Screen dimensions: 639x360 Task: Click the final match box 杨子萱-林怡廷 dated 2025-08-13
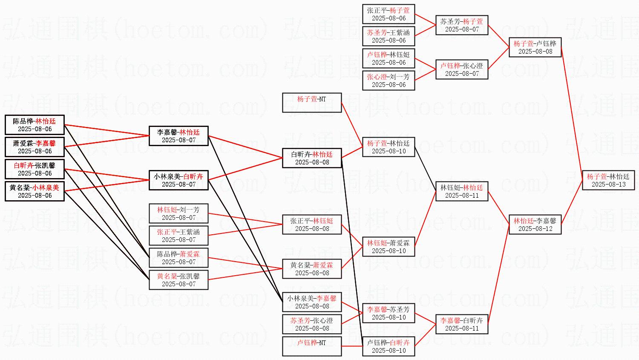(608, 180)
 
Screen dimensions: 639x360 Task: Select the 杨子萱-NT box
(312, 103)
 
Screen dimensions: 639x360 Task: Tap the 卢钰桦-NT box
(312, 346)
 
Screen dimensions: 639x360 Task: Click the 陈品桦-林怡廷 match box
(35, 125)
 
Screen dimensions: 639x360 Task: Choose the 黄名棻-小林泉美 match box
(35, 191)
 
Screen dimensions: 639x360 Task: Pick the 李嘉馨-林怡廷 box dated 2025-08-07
(178, 136)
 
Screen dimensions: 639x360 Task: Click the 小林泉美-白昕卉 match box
(178, 180)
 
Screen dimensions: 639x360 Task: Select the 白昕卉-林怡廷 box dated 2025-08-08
(312, 158)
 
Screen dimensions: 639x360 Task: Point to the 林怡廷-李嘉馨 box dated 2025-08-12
(535, 225)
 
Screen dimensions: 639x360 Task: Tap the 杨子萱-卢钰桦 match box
(535, 47)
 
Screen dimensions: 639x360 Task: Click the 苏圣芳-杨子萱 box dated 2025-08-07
(462, 25)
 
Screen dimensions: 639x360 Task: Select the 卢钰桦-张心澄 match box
(462, 69)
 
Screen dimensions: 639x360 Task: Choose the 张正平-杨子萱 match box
(389, 14)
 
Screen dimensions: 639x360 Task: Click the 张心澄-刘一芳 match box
(389, 81)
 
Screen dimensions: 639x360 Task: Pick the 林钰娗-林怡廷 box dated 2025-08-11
(462, 191)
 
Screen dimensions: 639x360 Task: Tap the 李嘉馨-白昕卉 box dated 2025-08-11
(462, 324)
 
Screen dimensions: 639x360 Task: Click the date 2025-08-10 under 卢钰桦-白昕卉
(389, 351)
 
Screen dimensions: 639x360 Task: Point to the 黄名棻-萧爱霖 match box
(312, 269)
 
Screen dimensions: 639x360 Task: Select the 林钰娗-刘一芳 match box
(178, 213)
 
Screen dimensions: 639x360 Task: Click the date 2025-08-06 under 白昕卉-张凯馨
(35, 173)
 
